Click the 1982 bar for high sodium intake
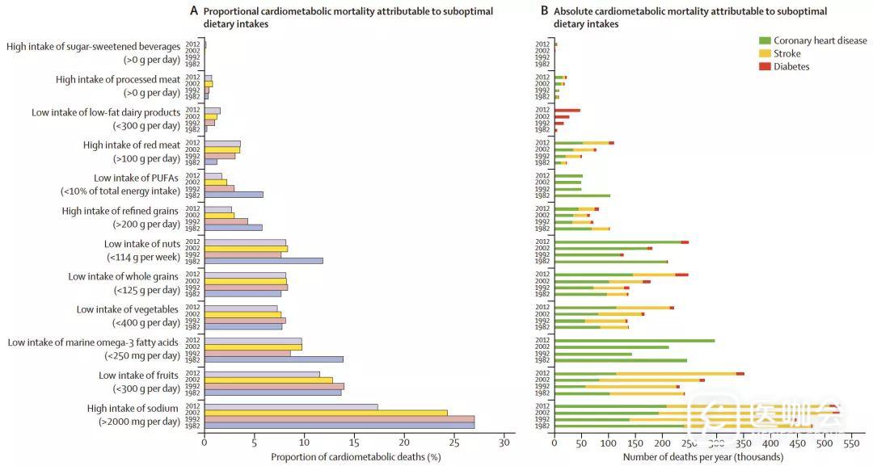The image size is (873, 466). (339, 425)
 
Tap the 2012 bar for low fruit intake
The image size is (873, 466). (262, 374)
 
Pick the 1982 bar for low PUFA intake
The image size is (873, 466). (234, 195)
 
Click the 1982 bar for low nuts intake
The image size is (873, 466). (264, 260)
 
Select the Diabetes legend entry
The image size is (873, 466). (791, 66)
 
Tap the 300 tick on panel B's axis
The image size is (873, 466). (716, 443)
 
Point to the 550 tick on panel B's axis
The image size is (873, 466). (850, 443)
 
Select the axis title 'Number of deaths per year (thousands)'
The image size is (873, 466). (702, 457)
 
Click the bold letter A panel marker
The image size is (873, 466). (194, 11)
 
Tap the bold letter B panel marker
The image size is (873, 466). (544, 11)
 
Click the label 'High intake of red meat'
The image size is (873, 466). (132, 145)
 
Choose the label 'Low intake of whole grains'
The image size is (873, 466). (124, 276)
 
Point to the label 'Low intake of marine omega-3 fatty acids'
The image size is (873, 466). (93, 342)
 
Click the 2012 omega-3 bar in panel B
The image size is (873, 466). (635, 341)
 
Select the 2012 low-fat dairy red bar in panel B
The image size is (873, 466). (567, 110)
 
